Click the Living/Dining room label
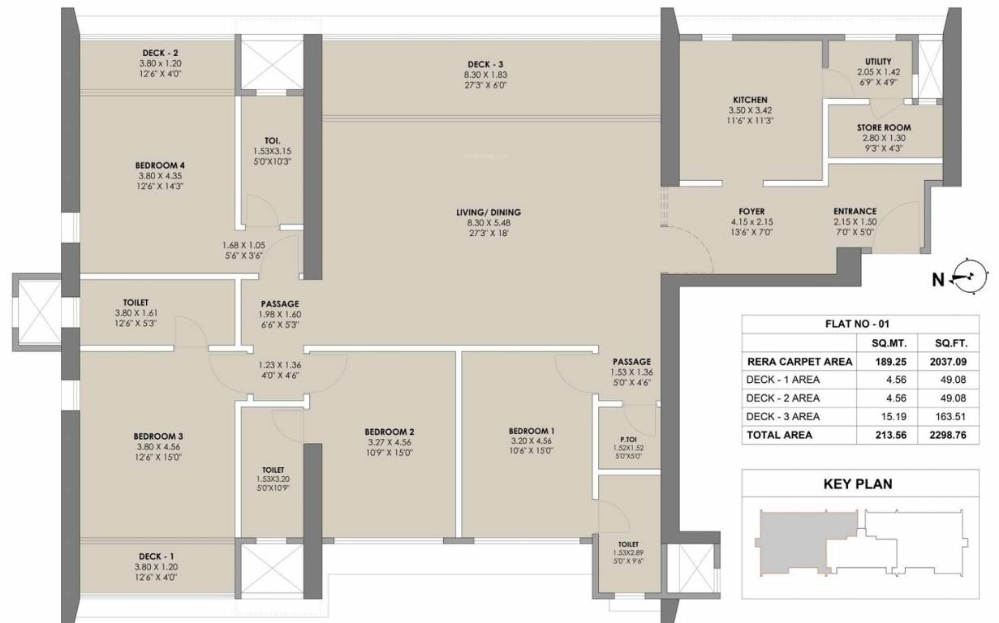[x=488, y=213]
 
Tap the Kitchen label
[x=749, y=100]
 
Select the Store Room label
[x=884, y=127]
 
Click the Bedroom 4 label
[x=161, y=165]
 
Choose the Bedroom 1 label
[x=532, y=431]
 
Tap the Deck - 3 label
[x=487, y=64]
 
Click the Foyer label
[x=751, y=211]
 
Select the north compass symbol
[x=966, y=278]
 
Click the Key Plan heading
[x=858, y=484]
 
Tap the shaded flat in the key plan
[x=803, y=539]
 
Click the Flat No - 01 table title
[x=858, y=324]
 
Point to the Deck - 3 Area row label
[x=782, y=416]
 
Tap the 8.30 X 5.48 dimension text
[x=488, y=223]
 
